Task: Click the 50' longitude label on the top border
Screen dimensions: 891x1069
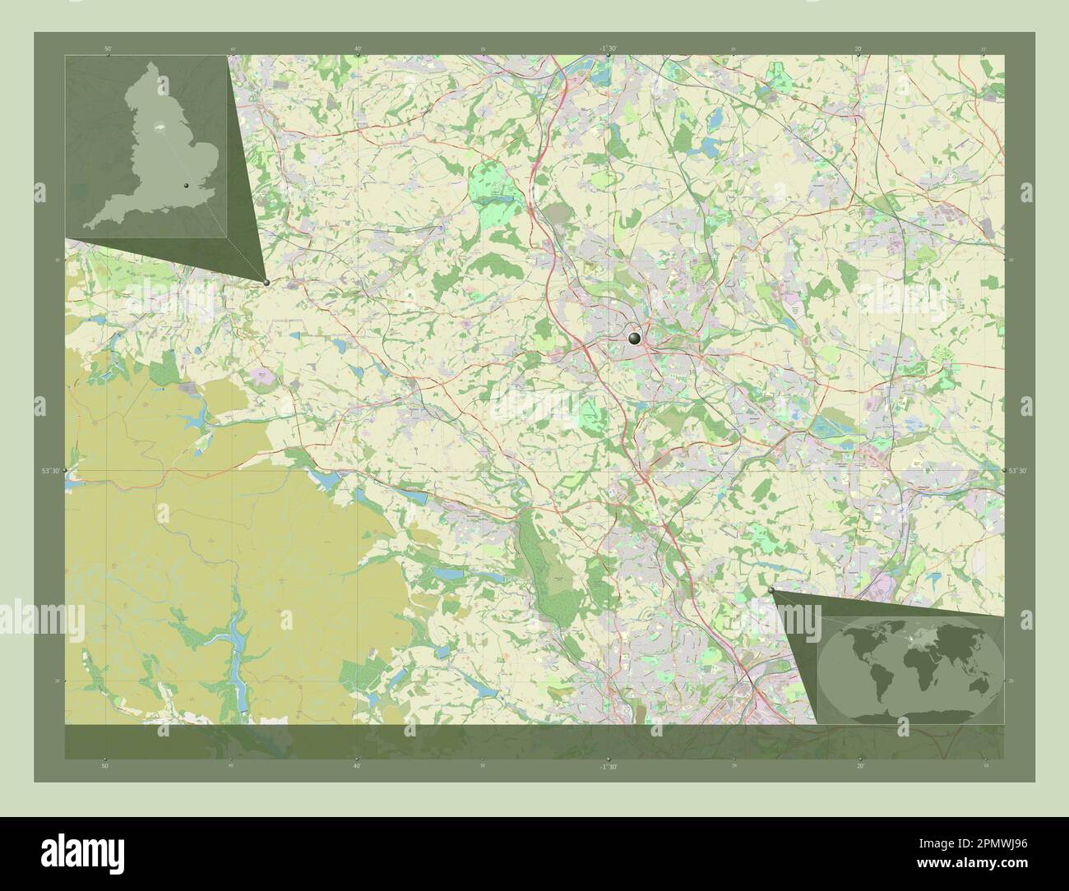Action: pyautogui.click(x=109, y=49)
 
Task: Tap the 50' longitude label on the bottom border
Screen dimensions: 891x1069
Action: pyautogui.click(x=105, y=766)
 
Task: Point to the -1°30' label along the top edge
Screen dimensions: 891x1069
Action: pyautogui.click(x=609, y=49)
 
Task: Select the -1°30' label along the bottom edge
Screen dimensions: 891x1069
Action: pyautogui.click(x=609, y=766)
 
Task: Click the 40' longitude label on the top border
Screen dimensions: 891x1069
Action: pyautogui.click(x=359, y=49)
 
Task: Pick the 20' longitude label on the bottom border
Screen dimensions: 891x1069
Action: pyautogui.click(x=860, y=766)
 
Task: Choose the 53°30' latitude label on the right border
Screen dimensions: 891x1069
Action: pyautogui.click(x=1017, y=471)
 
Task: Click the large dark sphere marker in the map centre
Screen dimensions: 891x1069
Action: pyautogui.click(x=634, y=338)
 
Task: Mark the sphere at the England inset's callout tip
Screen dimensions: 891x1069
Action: pyautogui.click(x=266, y=283)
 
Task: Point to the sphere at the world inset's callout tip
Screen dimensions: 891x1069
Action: pyautogui.click(x=771, y=590)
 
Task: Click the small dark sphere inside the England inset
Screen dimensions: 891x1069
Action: pyautogui.click(x=187, y=187)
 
